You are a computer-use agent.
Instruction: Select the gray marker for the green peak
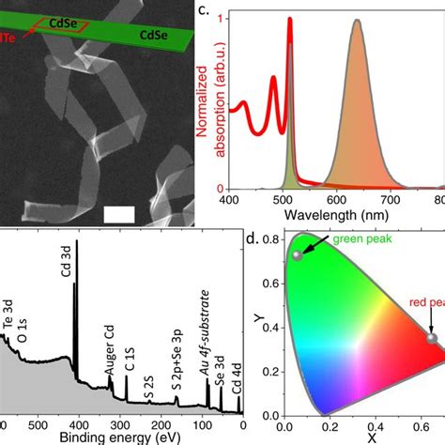click(x=298, y=254)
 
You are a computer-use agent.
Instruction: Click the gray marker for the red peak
click(x=432, y=338)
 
